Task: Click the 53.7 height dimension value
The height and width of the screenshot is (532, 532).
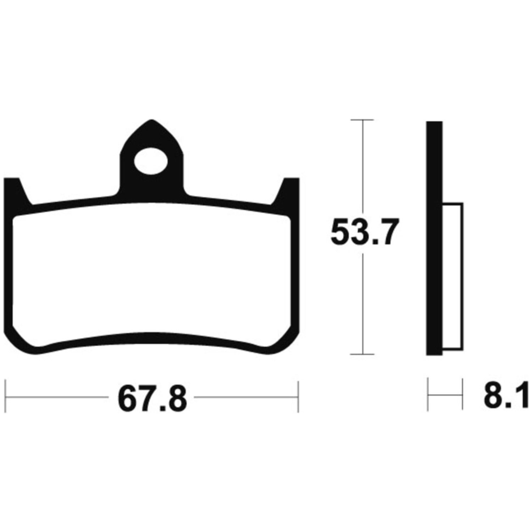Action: pos(362,232)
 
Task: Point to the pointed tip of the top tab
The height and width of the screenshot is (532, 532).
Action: pos(152,120)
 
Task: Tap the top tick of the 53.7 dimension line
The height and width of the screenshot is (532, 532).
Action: pos(362,120)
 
